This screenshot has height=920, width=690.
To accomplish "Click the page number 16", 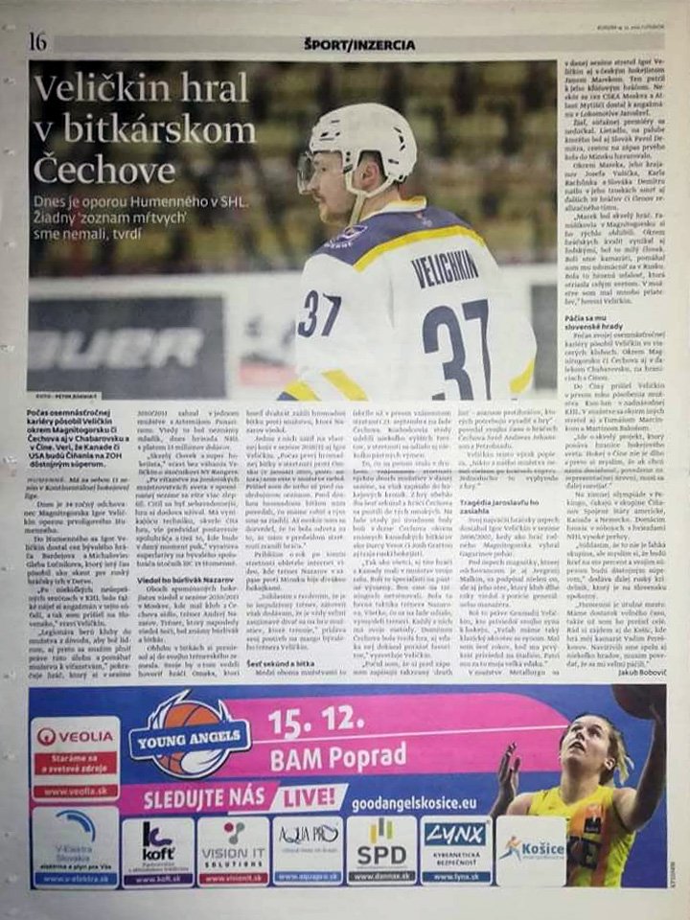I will click(38, 41).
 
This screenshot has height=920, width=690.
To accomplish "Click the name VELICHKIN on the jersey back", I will click(445, 268).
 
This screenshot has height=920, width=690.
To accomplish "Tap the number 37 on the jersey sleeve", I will click(319, 313).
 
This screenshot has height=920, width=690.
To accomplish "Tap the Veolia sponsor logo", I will click(74, 736).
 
